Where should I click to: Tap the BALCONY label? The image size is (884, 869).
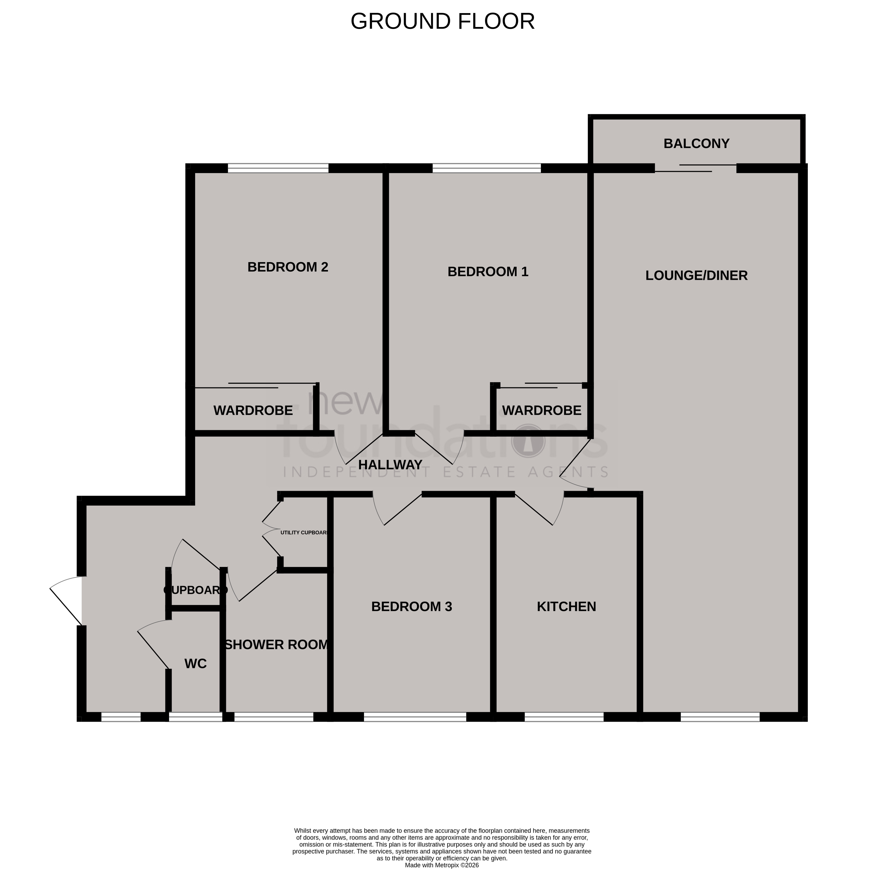pos(696,143)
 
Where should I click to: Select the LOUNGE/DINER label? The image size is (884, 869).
pos(696,275)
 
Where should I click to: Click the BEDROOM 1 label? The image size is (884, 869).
pos(487,272)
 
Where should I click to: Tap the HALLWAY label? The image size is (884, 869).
pos(390,465)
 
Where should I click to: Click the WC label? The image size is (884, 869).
pos(195,664)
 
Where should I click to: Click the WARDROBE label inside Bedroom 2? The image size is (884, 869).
pos(253,410)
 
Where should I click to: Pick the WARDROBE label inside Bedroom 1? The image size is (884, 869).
pos(541,410)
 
